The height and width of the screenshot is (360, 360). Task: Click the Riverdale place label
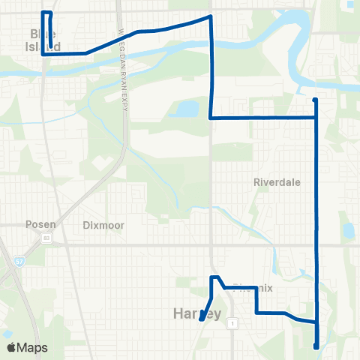pyautogui.click(x=277, y=182)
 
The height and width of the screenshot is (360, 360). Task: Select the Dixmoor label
pyautogui.click(x=103, y=224)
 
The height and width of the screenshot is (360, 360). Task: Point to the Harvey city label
pyautogui.click(x=197, y=313)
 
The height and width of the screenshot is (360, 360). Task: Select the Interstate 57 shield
pyautogui.click(x=18, y=261)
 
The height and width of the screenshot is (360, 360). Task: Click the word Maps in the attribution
pyautogui.click(x=33, y=347)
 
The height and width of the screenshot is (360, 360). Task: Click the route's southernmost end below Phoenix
pyautogui.click(x=316, y=346)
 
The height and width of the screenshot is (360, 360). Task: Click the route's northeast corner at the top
pyautogui.click(x=210, y=16)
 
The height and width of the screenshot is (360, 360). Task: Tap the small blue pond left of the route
pyautogui.click(x=184, y=110)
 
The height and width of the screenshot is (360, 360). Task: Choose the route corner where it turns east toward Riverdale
pyautogui.click(x=211, y=118)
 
